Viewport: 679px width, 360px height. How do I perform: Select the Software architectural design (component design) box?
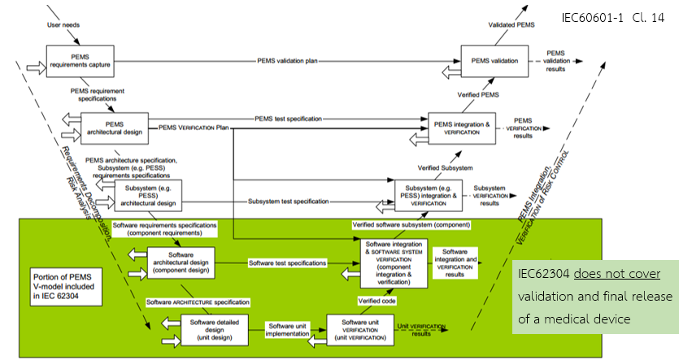click(x=181, y=262)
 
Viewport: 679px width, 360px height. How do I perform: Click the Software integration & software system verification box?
click(x=394, y=262)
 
